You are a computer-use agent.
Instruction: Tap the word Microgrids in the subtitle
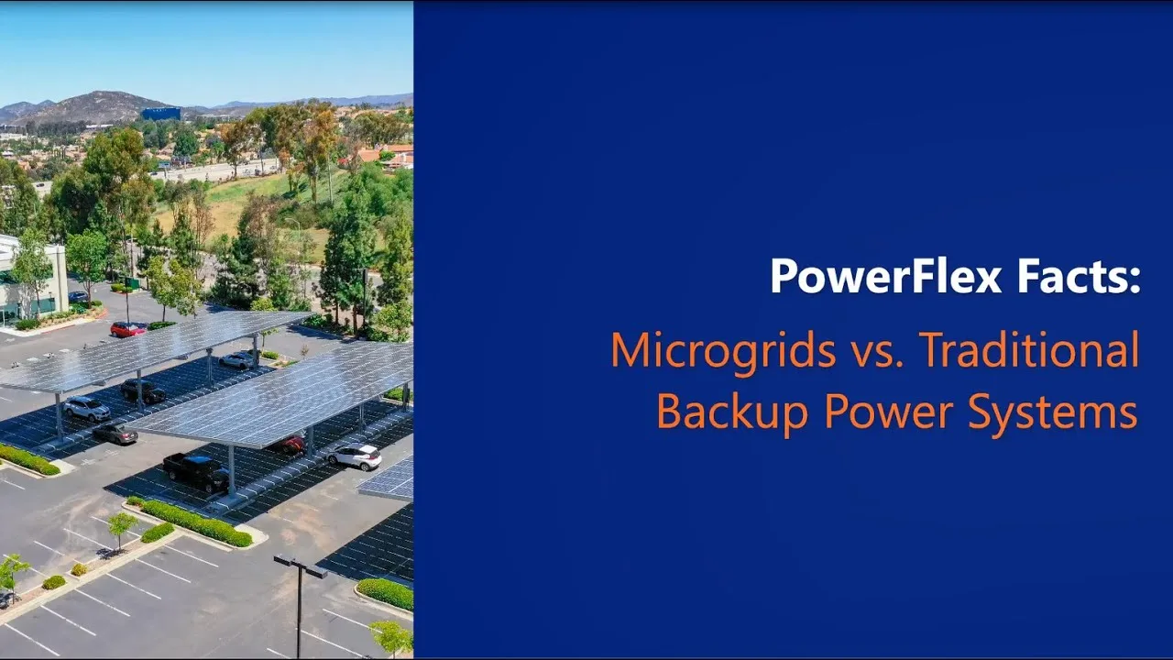pyautogui.click(x=723, y=350)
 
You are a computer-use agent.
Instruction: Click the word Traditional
pyautogui.click(x=1028, y=350)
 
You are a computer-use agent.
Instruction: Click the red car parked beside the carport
pyautogui.click(x=128, y=329)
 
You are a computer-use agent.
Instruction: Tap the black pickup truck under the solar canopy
pyautogui.click(x=196, y=471)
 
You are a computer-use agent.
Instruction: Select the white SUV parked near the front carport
pyautogui.click(x=355, y=456)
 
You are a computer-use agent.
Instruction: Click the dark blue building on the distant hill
pyautogui.click(x=160, y=114)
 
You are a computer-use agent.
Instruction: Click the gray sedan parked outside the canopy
pyautogui.click(x=115, y=434)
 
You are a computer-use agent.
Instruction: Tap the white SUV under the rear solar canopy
pyautogui.click(x=87, y=408)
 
